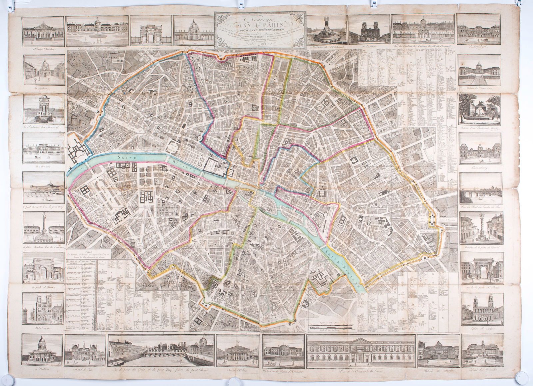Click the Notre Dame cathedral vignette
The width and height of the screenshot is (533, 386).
[43, 309]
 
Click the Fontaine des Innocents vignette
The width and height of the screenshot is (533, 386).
[43, 110]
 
